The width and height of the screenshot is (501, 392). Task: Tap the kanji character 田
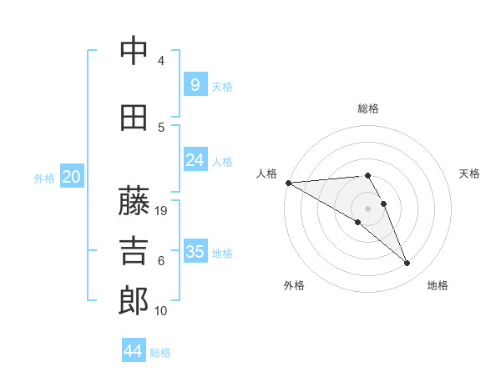(x=134, y=118)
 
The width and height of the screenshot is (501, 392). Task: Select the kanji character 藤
(x=134, y=200)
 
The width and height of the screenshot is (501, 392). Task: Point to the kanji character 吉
(x=134, y=251)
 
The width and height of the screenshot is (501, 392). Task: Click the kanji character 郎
(x=134, y=301)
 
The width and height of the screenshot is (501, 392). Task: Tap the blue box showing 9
(x=195, y=84)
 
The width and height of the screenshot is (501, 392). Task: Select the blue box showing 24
(x=195, y=159)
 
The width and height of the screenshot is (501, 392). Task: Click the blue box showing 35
(x=195, y=251)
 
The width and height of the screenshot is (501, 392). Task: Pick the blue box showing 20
(x=71, y=176)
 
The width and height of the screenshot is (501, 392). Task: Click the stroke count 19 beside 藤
(x=162, y=211)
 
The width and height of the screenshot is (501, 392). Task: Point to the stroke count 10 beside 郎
(x=162, y=311)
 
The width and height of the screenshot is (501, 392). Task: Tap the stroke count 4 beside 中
(x=161, y=61)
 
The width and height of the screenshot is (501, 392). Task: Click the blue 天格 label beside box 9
(x=222, y=86)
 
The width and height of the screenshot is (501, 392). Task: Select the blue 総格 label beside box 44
(x=160, y=353)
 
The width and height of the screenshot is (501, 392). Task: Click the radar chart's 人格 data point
(x=288, y=183)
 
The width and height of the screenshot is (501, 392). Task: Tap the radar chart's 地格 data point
(x=407, y=264)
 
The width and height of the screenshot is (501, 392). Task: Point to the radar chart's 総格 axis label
(x=368, y=108)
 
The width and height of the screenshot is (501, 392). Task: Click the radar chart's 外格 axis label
(x=294, y=285)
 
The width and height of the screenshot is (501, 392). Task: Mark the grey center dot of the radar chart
(x=368, y=208)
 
